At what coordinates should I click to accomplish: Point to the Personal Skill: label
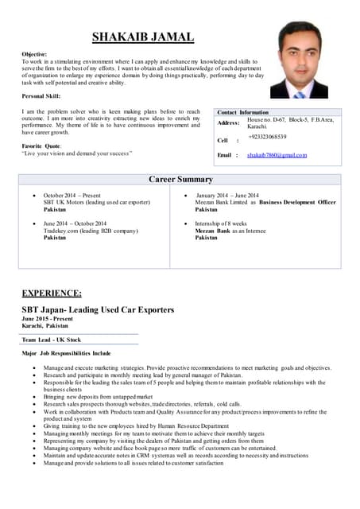point(45,95)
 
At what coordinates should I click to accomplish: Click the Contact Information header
point(242,112)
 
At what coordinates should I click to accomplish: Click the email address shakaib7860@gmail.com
point(277,155)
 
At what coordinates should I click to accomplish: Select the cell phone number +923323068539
point(267,137)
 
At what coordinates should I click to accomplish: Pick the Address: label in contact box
point(229,123)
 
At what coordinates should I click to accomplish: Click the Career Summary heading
point(181,180)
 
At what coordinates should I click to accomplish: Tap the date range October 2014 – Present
point(72,195)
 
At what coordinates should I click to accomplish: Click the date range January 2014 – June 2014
point(227,195)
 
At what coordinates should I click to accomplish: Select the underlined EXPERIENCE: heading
point(52,293)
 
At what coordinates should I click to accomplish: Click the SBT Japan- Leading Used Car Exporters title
point(98,309)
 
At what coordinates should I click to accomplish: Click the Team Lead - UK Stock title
point(52,340)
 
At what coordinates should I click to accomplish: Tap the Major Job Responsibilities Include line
point(66,352)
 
